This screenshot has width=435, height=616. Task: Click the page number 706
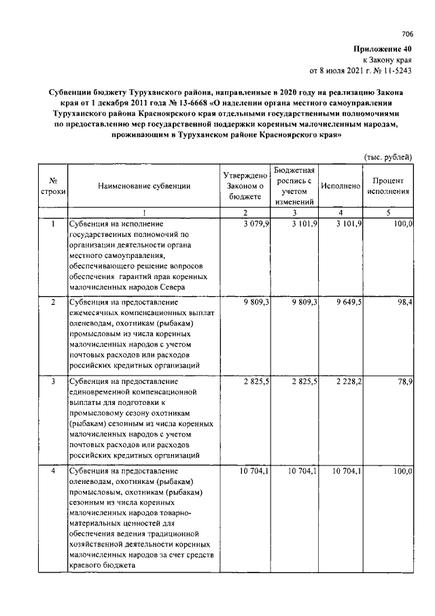click(406, 35)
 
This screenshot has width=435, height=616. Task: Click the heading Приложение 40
click(382, 49)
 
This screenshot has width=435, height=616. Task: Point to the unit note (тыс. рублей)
click(388, 157)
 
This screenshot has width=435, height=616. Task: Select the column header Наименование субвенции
click(143, 185)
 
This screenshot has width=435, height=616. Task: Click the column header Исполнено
click(340, 185)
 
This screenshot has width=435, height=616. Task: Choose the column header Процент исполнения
click(388, 185)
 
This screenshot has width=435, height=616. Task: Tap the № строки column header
click(53, 186)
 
